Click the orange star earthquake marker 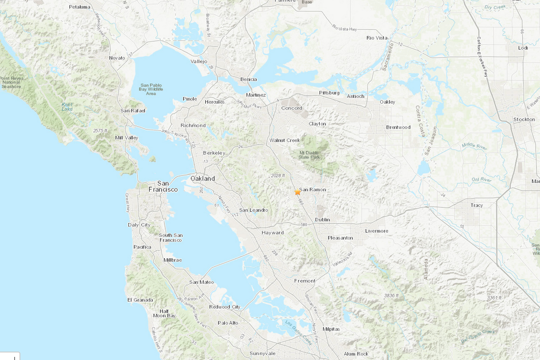tap(297, 192)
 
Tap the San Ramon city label tap(313, 190)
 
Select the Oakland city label tap(202, 178)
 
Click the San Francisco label tap(163, 186)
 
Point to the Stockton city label tap(524, 119)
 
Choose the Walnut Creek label tap(285, 140)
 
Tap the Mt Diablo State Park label tap(309, 155)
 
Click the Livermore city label tap(377, 231)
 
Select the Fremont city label tap(305, 281)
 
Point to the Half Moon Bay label tap(164, 313)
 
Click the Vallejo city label tap(199, 62)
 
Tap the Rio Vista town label tap(377, 38)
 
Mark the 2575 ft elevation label tap(100, 131)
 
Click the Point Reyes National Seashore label tap(11, 82)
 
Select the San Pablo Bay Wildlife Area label tap(151, 89)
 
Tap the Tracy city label tap(477, 205)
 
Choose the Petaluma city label tap(80, 7)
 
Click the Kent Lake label tap(67, 106)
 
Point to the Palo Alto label tap(228, 323)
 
